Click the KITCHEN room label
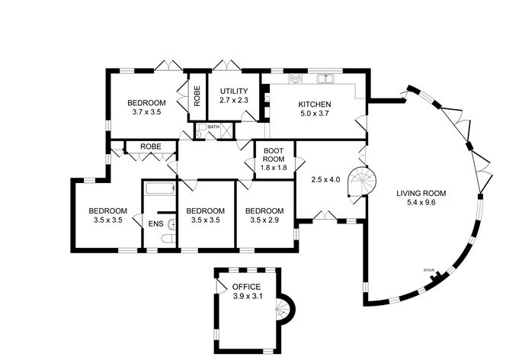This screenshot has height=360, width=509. [x=314, y=104]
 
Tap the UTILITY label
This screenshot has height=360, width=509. [x=234, y=92]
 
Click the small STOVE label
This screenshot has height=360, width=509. [x=429, y=270]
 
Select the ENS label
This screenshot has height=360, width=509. [x=155, y=223]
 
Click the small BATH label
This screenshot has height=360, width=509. [x=213, y=127]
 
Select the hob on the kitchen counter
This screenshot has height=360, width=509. [x=296, y=78]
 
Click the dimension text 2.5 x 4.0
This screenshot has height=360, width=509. [x=325, y=180]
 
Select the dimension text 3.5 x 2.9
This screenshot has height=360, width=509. [x=265, y=221]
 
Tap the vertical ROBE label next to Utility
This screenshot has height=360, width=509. [x=197, y=95]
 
